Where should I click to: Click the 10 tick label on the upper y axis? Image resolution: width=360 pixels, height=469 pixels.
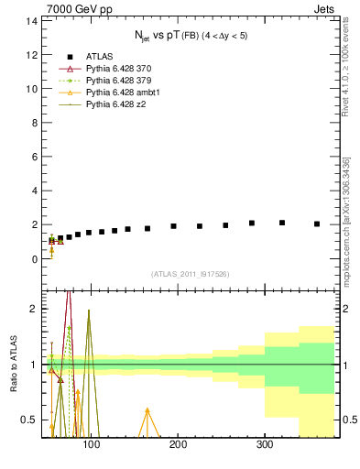pos(32,89)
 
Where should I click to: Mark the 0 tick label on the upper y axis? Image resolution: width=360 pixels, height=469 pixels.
pos(35,259)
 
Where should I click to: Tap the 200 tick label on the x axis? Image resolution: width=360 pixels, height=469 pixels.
pos(178,445)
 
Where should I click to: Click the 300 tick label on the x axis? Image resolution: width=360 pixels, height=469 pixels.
pos(265,445)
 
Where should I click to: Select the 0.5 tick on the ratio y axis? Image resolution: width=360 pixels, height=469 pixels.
pos(30,420)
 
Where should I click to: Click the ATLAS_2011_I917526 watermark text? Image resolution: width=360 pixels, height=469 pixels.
pos(190,274)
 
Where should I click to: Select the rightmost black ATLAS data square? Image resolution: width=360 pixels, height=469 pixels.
pos(317,224)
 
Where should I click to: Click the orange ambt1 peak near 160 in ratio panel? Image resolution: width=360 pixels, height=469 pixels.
pos(147,410)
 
